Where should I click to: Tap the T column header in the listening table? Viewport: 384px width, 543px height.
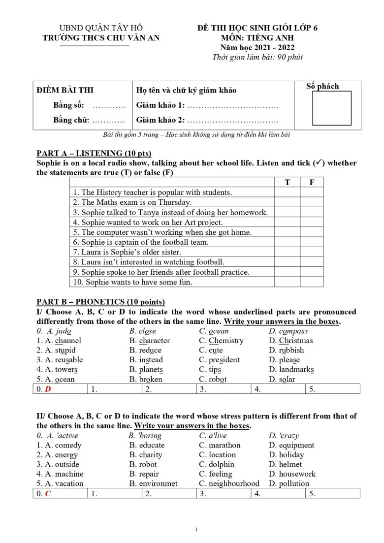(x=288, y=182)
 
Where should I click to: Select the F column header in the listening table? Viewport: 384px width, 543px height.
(x=312, y=182)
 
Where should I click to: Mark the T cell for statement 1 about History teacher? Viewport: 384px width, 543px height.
(x=288, y=192)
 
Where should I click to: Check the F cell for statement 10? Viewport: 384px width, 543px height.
(x=312, y=282)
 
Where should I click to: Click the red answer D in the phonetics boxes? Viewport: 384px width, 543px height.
(x=48, y=389)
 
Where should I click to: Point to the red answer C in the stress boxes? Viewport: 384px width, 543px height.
(x=48, y=493)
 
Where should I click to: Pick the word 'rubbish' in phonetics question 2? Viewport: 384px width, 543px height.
(x=291, y=351)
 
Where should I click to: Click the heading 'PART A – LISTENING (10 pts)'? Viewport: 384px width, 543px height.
(x=94, y=153)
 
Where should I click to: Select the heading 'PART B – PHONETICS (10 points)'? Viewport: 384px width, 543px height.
(x=100, y=302)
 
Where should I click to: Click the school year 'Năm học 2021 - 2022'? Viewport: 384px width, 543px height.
(x=257, y=48)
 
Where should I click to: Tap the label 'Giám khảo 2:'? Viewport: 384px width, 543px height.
(x=160, y=120)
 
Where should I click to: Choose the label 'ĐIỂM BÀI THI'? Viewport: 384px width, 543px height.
(x=65, y=90)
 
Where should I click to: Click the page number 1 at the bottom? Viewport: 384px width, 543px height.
(x=196, y=530)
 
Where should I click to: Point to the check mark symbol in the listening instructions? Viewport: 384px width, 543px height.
(x=319, y=163)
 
